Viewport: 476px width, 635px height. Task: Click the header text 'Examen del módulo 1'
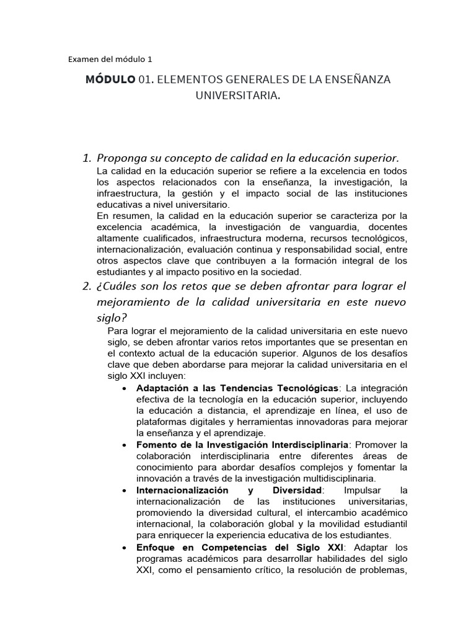[109, 60]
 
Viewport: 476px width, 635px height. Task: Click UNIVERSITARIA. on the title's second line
[237, 97]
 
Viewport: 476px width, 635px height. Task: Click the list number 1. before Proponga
[87, 158]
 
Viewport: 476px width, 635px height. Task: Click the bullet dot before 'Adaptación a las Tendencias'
[125, 389]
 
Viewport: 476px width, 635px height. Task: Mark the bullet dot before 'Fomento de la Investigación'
[125, 445]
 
